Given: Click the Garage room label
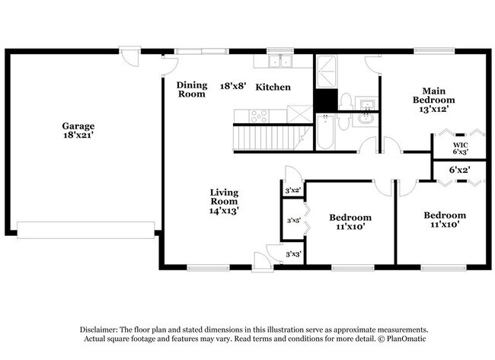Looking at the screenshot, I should [78, 126].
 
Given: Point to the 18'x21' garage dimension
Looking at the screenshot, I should [78, 136].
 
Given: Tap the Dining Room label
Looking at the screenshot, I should [192, 90].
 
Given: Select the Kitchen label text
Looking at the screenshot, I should [273, 88].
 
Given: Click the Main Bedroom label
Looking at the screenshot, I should [434, 94].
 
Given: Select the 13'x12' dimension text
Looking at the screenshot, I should [434, 109].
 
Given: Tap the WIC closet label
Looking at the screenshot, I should [460, 144].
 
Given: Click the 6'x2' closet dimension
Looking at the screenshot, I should [458, 170].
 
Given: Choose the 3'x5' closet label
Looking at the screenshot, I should [293, 221].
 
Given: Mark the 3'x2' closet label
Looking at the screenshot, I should [293, 190].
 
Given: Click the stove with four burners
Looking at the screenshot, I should [259, 116].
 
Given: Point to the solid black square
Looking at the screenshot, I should [325, 101].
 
